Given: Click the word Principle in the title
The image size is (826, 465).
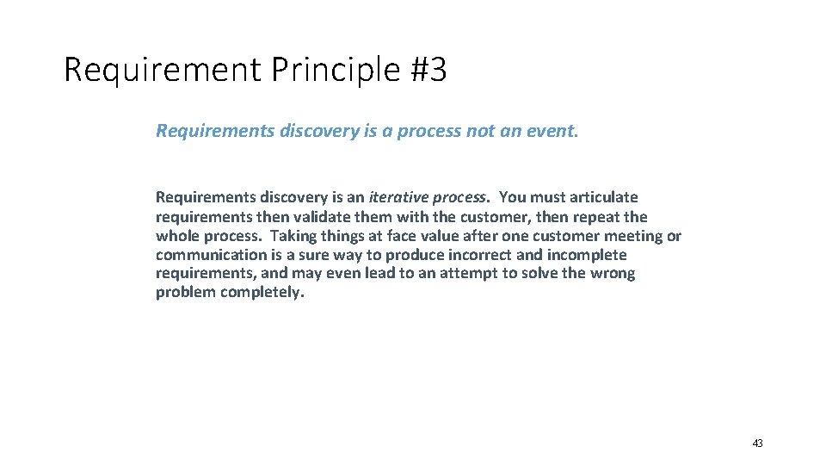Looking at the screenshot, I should pyautogui.click(x=331, y=70).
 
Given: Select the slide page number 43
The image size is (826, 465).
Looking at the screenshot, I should pyautogui.click(x=757, y=443).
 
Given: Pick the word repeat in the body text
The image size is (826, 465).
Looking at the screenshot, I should pyautogui.click(x=597, y=217).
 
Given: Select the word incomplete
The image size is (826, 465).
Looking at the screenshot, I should pyautogui.click(x=587, y=255).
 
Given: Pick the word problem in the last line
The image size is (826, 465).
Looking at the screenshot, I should pyautogui.click(x=186, y=293).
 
